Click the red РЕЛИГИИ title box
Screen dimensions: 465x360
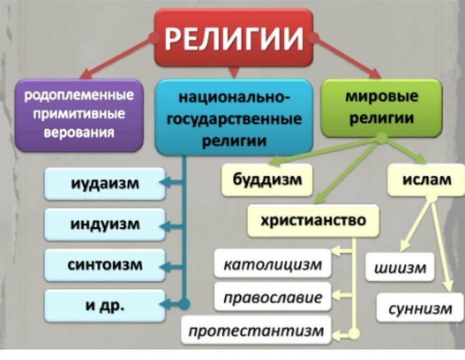(x=233, y=38)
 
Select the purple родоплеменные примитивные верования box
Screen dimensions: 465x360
(x=79, y=115)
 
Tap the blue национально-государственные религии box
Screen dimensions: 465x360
(x=234, y=118)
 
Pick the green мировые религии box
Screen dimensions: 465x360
(x=382, y=108)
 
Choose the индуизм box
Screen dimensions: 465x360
(x=105, y=224)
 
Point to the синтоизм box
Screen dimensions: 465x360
(x=105, y=264)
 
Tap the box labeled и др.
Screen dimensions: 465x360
(x=105, y=306)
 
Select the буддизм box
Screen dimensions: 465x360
(x=267, y=180)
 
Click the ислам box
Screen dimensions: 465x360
(x=426, y=180)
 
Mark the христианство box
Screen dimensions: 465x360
(x=313, y=220)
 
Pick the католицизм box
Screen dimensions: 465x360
(x=273, y=264)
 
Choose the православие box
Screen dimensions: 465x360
(x=273, y=297)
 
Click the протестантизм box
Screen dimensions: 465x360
(x=256, y=330)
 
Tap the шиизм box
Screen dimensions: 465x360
(x=400, y=267)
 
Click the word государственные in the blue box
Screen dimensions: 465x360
(x=234, y=119)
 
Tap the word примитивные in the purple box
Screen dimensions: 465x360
(x=79, y=114)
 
